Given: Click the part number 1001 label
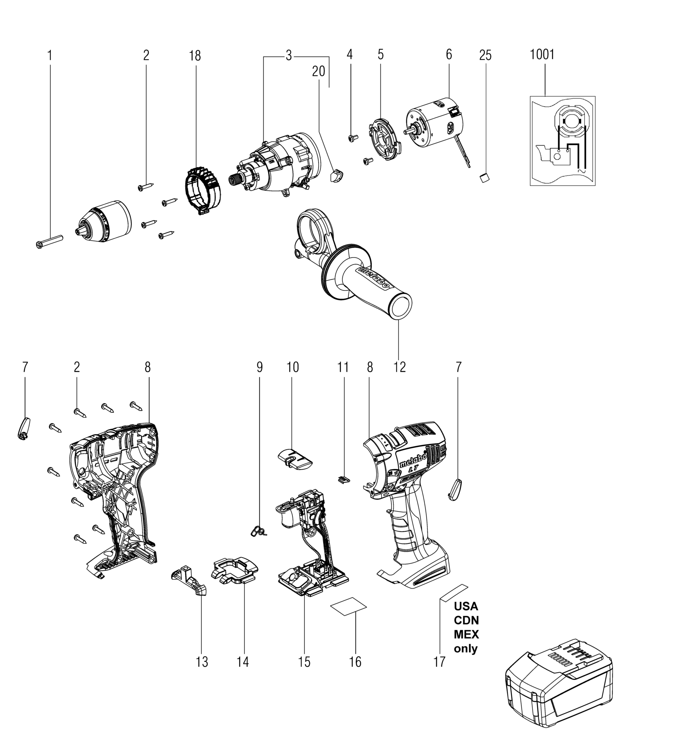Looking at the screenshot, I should click(x=542, y=55).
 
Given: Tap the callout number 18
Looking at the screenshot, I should click(x=195, y=56).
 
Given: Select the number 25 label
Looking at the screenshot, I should click(x=485, y=56).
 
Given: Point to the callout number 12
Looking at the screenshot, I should click(x=399, y=367).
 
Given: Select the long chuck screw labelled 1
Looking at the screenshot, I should click(x=50, y=241).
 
